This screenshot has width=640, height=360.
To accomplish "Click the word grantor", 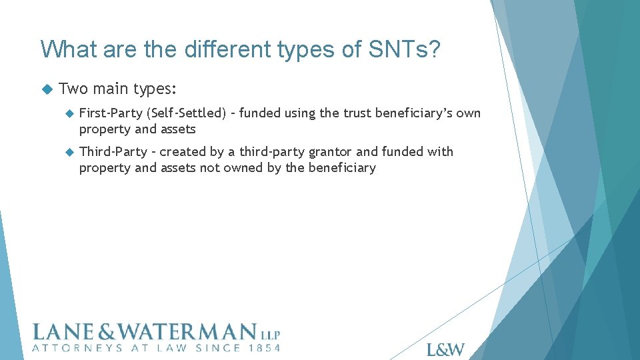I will (327, 151).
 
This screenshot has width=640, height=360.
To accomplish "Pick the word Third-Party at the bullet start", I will (113, 151).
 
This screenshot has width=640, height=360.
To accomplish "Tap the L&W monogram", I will (445, 349).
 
